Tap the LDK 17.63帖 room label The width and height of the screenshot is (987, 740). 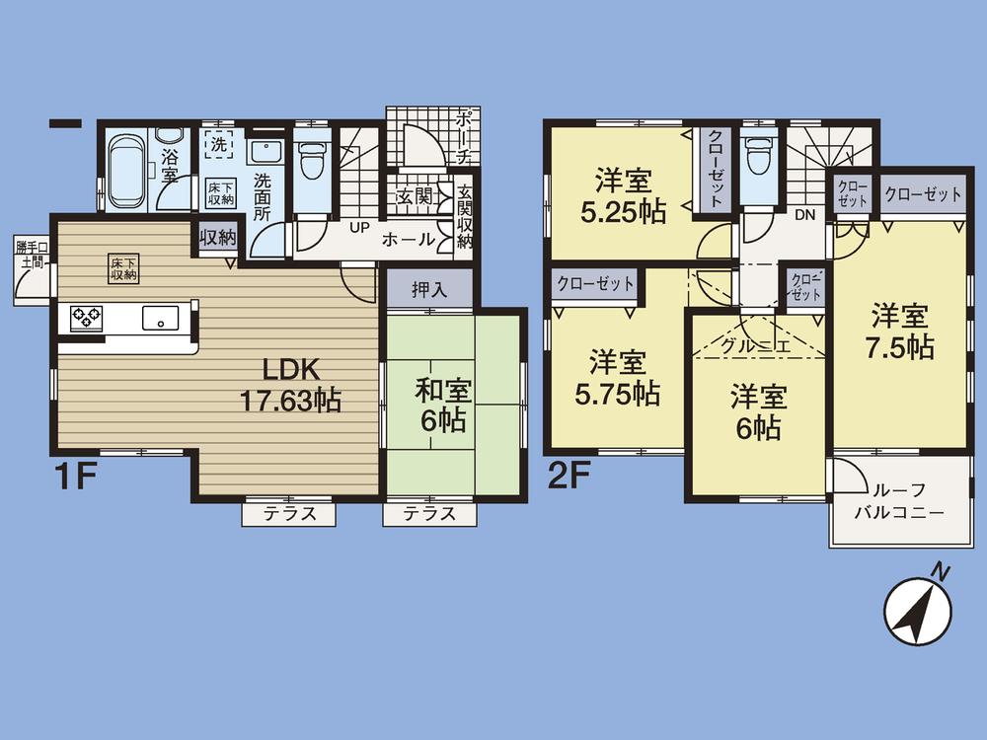(x=288, y=385)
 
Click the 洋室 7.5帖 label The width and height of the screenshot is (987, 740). (x=900, y=333)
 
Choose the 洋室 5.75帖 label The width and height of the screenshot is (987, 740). (x=618, y=378)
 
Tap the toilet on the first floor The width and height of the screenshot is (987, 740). (x=313, y=162)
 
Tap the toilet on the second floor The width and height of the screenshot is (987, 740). (x=758, y=157)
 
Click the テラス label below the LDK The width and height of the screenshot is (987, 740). (x=289, y=513)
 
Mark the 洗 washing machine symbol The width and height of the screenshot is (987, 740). (x=216, y=144)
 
